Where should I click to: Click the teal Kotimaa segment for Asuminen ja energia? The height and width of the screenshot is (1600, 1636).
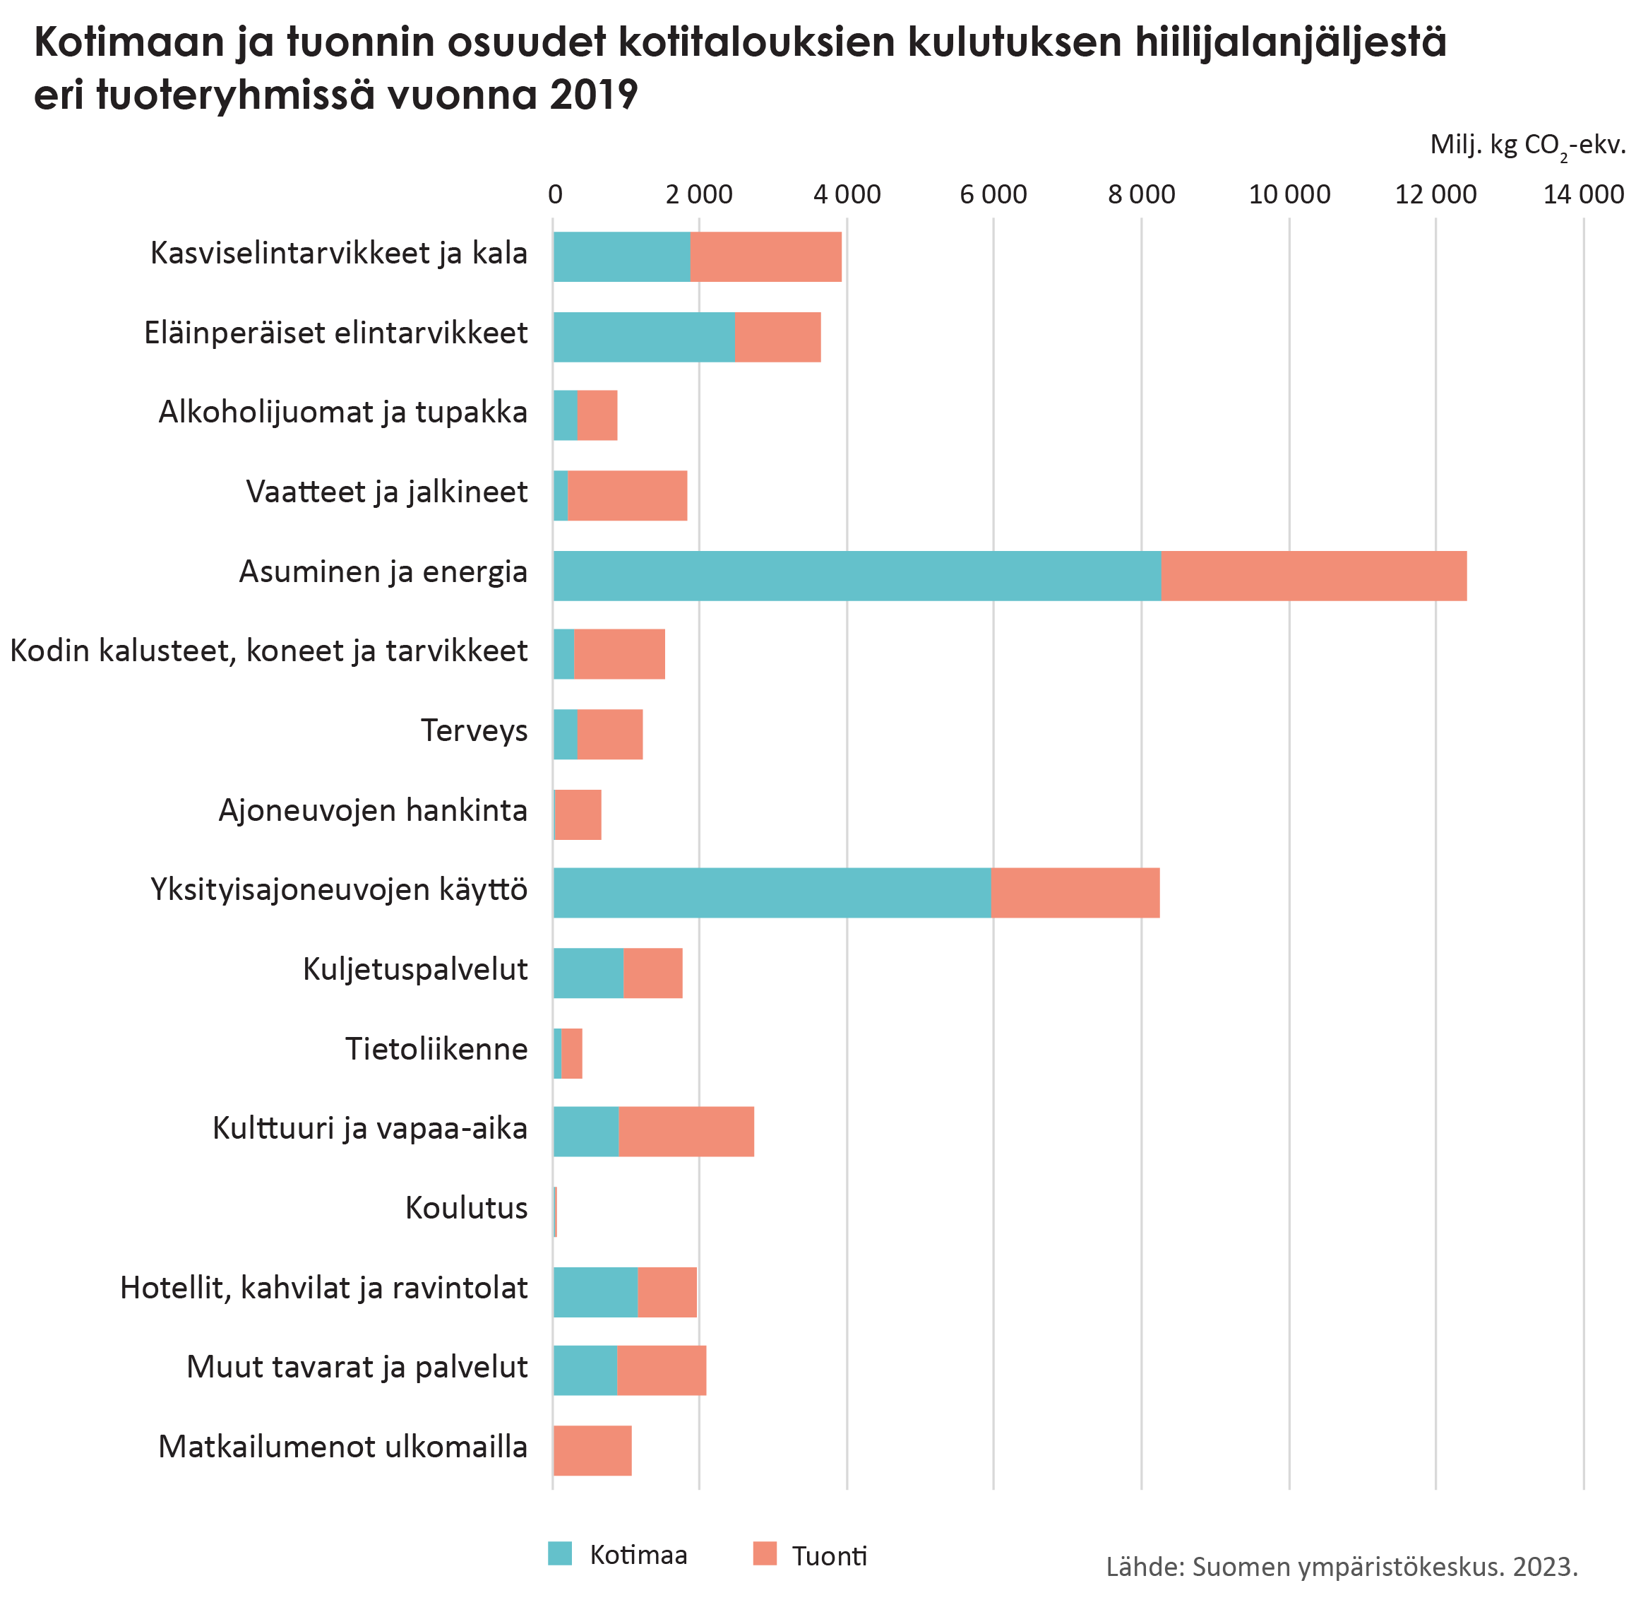pyautogui.click(x=856, y=576)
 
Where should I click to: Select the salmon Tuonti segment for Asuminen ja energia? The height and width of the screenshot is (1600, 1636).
pyautogui.click(x=1313, y=576)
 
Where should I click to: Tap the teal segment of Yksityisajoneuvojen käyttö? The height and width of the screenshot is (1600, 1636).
pyautogui.click(x=772, y=891)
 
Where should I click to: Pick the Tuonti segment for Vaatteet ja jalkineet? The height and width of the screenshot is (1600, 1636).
pyautogui.click(x=628, y=496)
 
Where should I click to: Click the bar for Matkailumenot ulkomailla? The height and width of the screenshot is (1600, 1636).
pyautogui.click(x=592, y=1451)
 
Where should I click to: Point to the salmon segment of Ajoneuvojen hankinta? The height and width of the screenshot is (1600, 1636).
pyautogui.click(x=579, y=814)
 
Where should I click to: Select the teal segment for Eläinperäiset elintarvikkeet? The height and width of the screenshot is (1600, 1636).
pyautogui.click(x=644, y=337)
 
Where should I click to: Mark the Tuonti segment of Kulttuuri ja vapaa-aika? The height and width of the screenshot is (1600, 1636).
pyautogui.click(x=686, y=1132)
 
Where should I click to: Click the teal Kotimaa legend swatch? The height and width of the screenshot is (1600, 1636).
pyautogui.click(x=559, y=1554)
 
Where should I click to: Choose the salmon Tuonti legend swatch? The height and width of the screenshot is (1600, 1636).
pyautogui.click(x=765, y=1554)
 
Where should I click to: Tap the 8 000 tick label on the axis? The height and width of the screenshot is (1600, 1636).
pyautogui.click(x=1141, y=195)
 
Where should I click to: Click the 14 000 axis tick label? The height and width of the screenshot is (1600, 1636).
pyautogui.click(x=1583, y=195)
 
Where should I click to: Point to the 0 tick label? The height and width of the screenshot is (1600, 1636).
pyautogui.click(x=554, y=195)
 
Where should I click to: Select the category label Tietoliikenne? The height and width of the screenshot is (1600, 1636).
pyautogui.click(x=436, y=1050)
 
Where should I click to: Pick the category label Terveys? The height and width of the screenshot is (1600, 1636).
pyautogui.click(x=474, y=731)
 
